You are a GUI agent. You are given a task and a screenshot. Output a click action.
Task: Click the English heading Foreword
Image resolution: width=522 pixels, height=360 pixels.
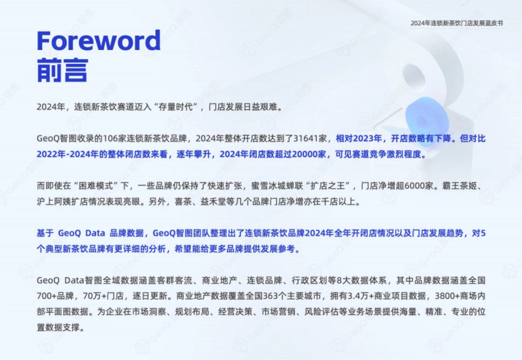click(x=99, y=40)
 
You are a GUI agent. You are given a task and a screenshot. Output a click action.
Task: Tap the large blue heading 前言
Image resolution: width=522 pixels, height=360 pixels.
click(x=63, y=70)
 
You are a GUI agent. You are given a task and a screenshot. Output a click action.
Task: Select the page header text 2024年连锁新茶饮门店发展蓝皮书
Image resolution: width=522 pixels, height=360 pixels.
click(x=457, y=23)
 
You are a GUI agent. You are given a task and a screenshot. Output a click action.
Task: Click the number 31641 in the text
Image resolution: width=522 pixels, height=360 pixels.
click(x=305, y=139)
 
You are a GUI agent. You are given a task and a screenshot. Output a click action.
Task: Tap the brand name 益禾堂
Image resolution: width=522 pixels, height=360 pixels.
click(x=214, y=202)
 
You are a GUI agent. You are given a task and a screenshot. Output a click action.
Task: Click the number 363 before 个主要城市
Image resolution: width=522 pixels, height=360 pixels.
click(x=271, y=296)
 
